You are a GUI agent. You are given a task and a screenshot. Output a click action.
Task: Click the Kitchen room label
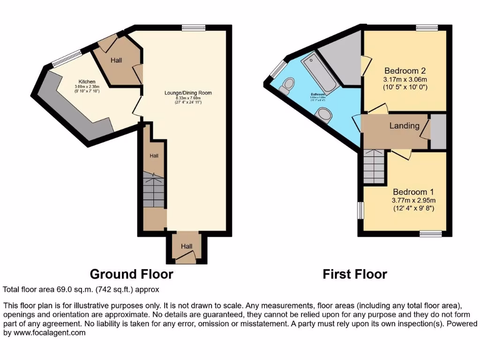87,82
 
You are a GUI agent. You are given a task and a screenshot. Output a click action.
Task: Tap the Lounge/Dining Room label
188,93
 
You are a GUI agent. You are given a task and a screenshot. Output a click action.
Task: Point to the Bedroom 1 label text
413,192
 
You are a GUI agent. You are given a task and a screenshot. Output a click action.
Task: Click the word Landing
404,126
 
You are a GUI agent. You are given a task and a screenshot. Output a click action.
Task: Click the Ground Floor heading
131,274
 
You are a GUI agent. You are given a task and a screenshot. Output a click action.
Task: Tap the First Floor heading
355,274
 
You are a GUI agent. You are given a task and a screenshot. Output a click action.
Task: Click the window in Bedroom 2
427,28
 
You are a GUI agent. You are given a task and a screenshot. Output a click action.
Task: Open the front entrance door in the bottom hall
187,254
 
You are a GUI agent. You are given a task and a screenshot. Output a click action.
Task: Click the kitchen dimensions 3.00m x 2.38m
87,87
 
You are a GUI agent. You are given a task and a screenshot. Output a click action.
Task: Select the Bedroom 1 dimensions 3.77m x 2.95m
413,200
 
